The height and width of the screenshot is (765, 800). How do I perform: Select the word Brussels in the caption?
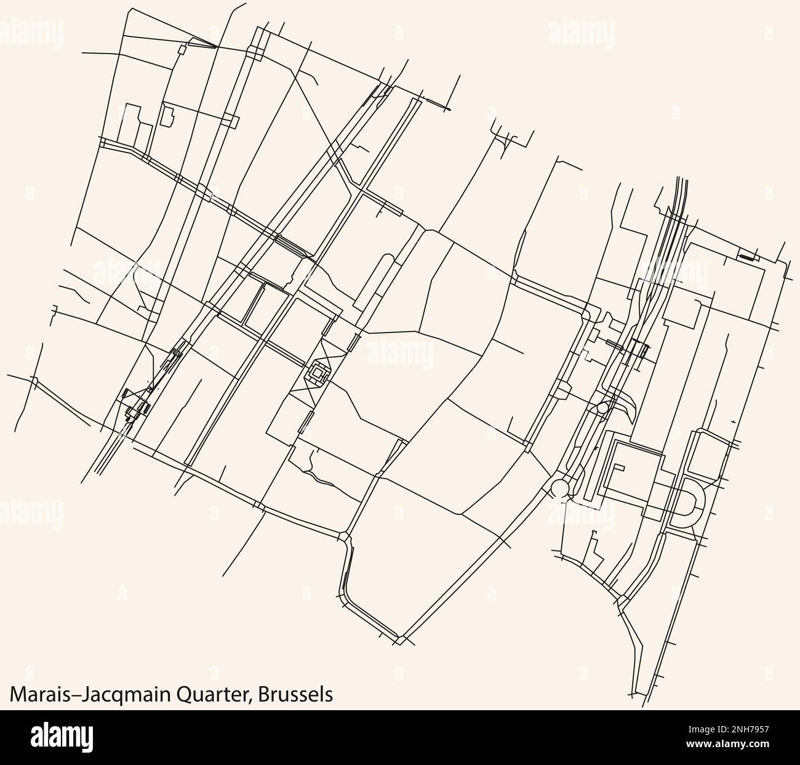[x=296, y=694]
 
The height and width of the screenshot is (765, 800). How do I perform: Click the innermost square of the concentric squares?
[x=318, y=373]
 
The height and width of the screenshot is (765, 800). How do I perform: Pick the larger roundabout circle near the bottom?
[x=560, y=488]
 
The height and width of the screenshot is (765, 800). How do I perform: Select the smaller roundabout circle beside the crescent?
[x=602, y=408]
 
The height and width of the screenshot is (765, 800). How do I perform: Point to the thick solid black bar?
[x=746, y=256]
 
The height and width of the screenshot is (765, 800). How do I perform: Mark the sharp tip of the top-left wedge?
[x=217, y=47]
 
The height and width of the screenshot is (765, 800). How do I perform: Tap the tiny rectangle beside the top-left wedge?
[x=181, y=49]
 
